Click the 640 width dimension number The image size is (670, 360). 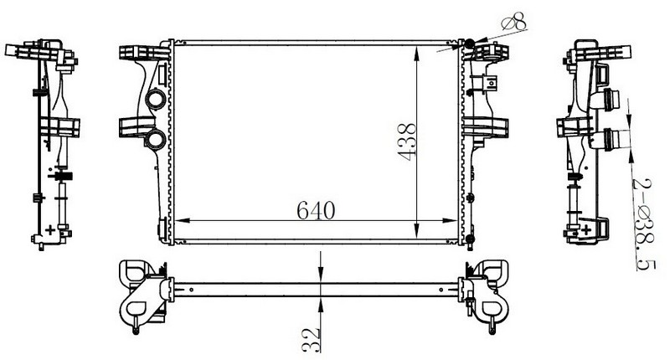[316, 210]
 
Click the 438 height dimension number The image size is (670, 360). [407, 141]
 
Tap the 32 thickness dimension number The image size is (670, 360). [312, 340]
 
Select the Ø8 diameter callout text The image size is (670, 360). [513, 22]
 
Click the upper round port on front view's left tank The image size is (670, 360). [155, 100]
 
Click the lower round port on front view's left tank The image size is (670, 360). [155, 139]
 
